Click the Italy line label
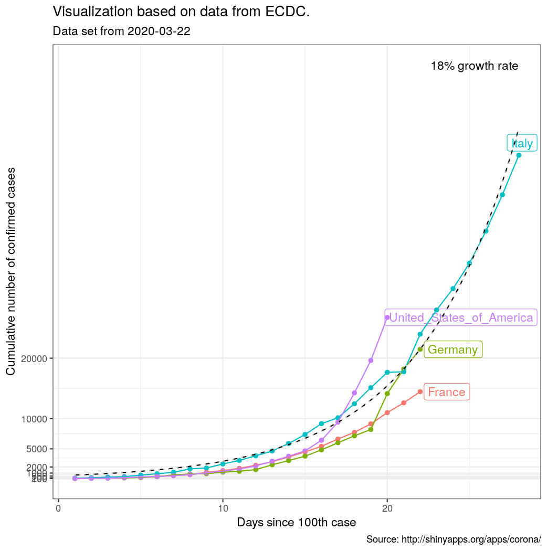[522, 143]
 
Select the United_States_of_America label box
[460, 317]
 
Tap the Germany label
[453, 349]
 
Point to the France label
[446, 392]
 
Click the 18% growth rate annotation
[474, 66]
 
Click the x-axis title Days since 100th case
[296, 523]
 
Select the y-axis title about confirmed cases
[10, 271]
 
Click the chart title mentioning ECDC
[181, 12]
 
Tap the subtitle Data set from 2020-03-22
[121, 31]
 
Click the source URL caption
[453, 539]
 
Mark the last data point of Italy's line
[519, 155]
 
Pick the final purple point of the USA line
[387, 317]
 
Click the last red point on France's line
[420, 391]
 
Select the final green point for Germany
[420, 349]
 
